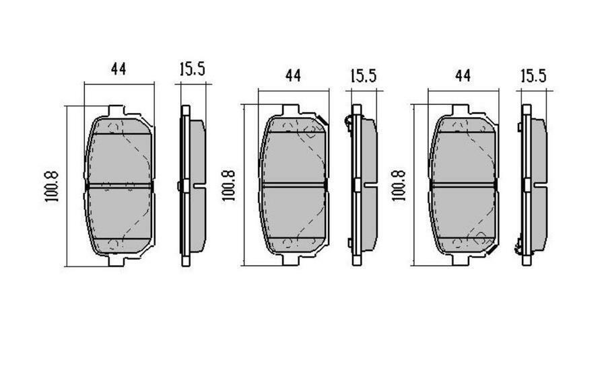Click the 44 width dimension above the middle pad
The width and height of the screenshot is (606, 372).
[x=292, y=75]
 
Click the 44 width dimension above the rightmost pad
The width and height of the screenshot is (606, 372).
[x=462, y=75]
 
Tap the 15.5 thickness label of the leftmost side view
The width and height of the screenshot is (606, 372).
[x=192, y=69]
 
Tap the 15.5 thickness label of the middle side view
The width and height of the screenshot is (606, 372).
[x=362, y=75]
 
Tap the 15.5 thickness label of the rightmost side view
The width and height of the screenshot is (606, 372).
[x=532, y=75]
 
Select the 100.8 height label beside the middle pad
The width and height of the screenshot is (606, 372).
[x=228, y=185]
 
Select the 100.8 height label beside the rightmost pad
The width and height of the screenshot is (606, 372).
[x=399, y=185]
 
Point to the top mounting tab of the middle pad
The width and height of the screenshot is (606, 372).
[x=291, y=110]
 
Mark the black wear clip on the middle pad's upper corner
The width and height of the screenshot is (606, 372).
[x=323, y=121]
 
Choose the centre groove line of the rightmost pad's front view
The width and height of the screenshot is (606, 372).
[x=463, y=184]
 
